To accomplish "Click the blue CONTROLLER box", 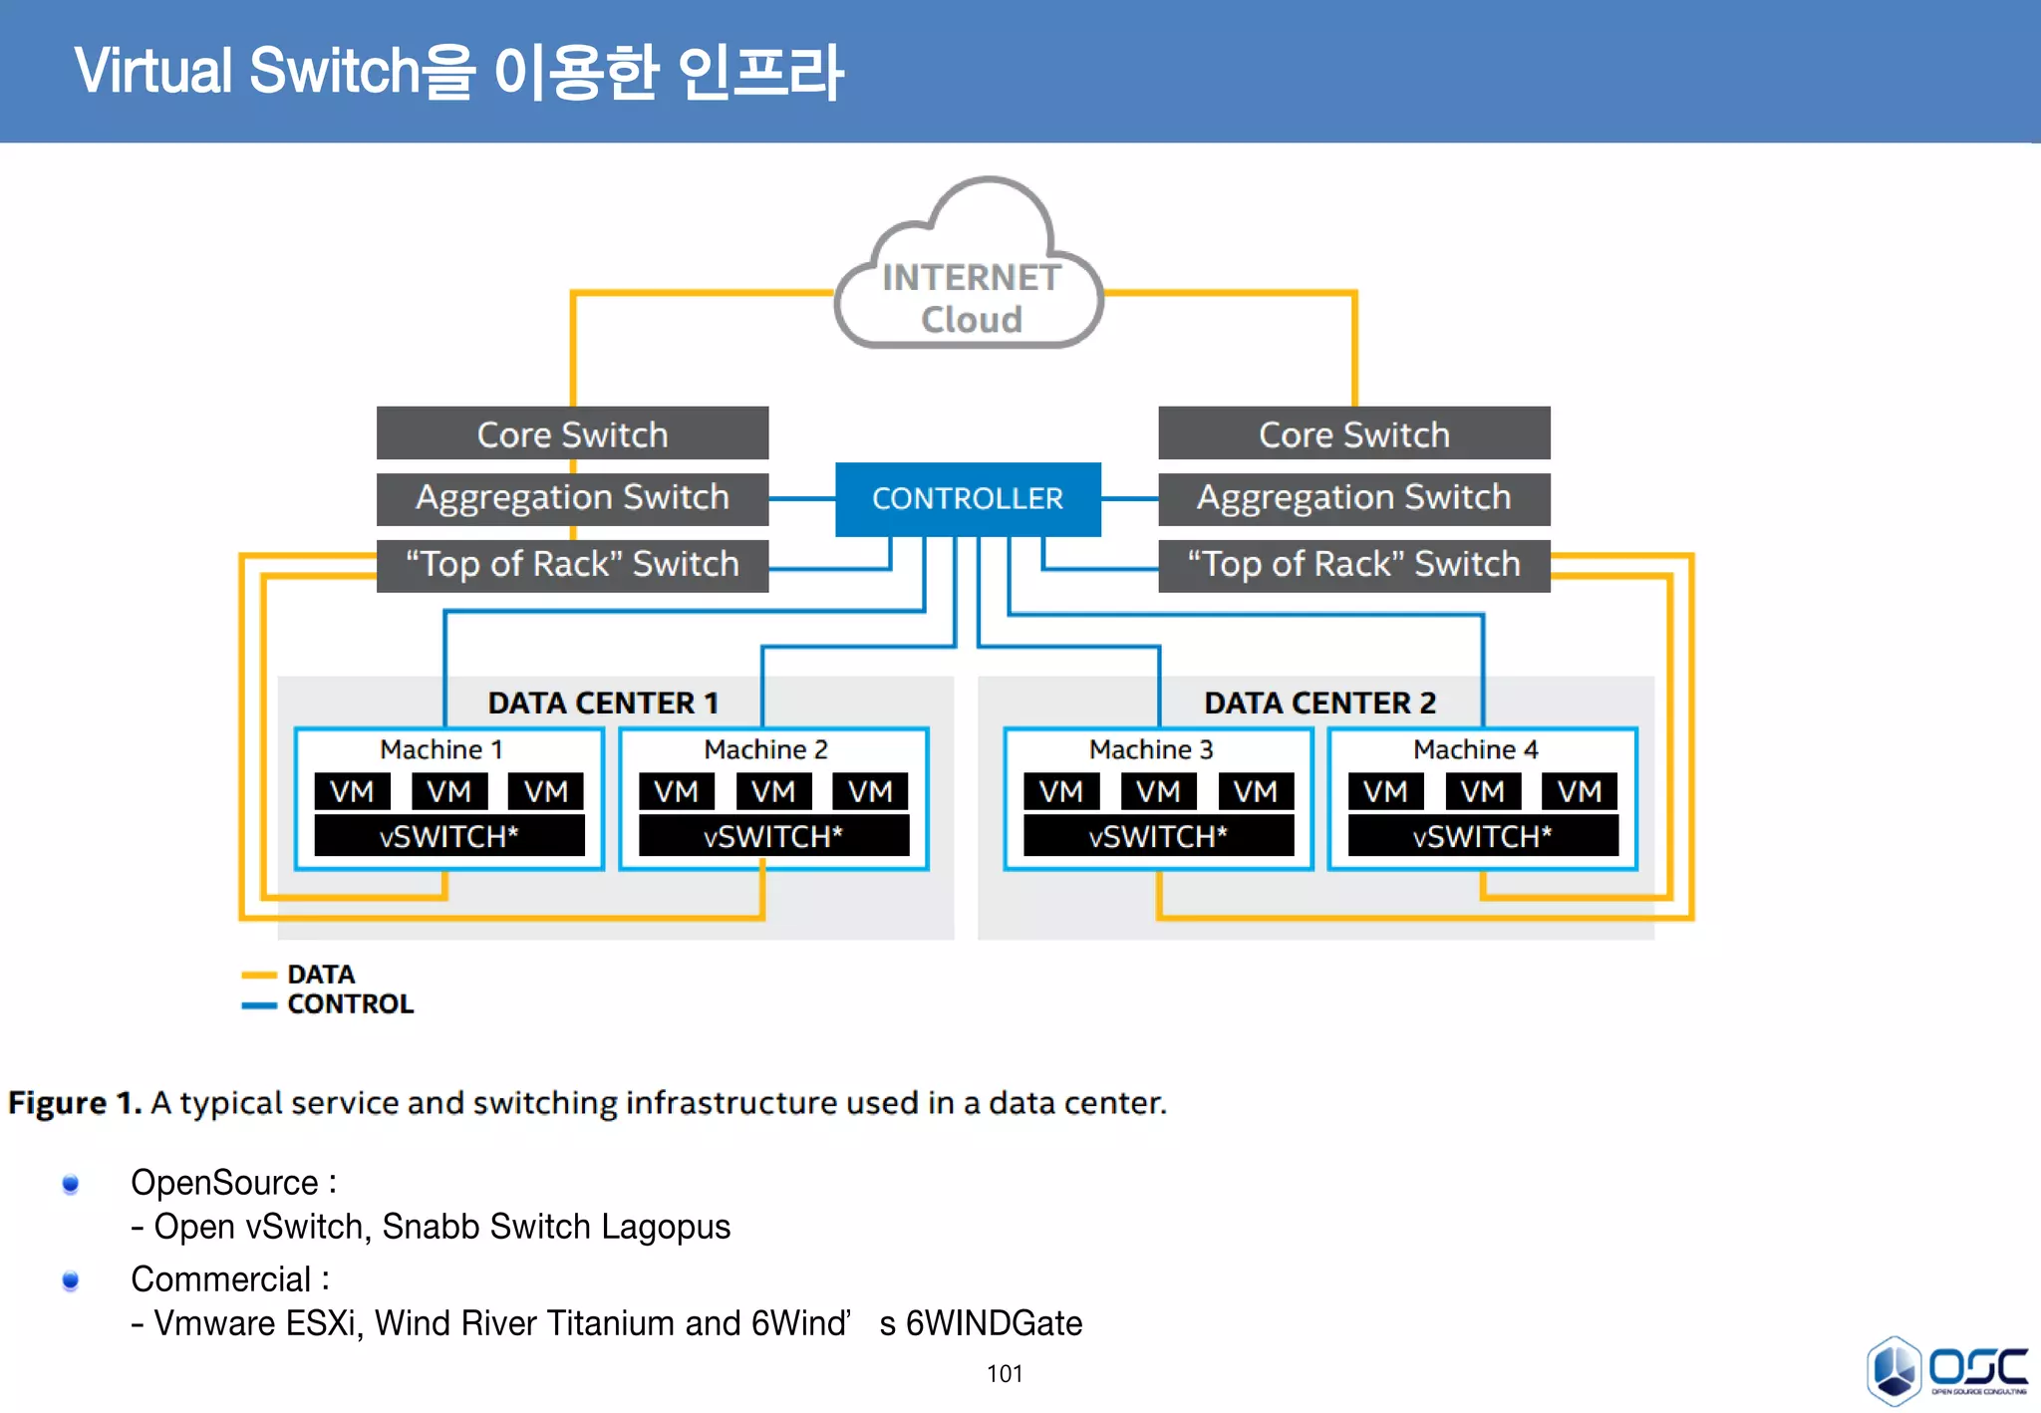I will click(967, 498).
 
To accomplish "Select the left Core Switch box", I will click(572, 433).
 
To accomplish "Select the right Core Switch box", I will click(1353, 433).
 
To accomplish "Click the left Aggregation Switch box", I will click(572, 497).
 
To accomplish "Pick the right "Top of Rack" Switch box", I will click(1353, 565).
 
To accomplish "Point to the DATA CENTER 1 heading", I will click(603, 703).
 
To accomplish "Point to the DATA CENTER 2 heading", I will click(1319, 703).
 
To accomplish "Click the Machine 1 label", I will click(440, 749).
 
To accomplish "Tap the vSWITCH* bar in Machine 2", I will click(773, 836).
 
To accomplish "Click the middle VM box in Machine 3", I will click(1158, 791).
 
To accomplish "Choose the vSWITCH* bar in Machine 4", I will click(1482, 836).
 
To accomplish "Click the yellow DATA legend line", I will click(259, 975).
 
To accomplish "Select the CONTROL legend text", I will click(350, 1003).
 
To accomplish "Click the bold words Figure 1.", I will click(74, 1103).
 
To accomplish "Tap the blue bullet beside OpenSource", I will click(70, 1184).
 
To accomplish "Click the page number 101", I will click(1005, 1374).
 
